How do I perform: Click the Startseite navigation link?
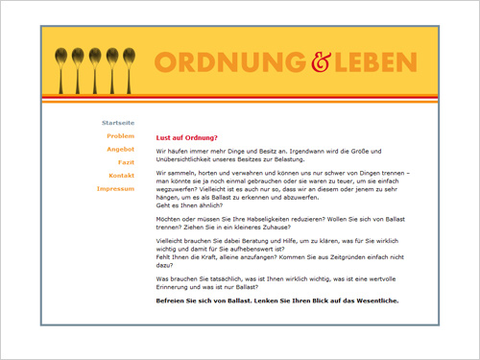pyautogui.click(x=117, y=124)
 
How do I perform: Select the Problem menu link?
pyautogui.click(x=120, y=136)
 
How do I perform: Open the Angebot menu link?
pyautogui.click(x=120, y=150)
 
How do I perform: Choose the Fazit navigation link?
pyautogui.click(x=126, y=162)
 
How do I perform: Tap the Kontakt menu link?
pyautogui.click(x=121, y=176)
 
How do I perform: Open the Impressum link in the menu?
pyautogui.click(x=115, y=188)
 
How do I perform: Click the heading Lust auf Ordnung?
pyautogui.click(x=187, y=137)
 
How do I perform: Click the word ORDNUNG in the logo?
pyautogui.click(x=229, y=63)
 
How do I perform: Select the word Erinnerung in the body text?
pyautogui.click(x=177, y=286)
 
